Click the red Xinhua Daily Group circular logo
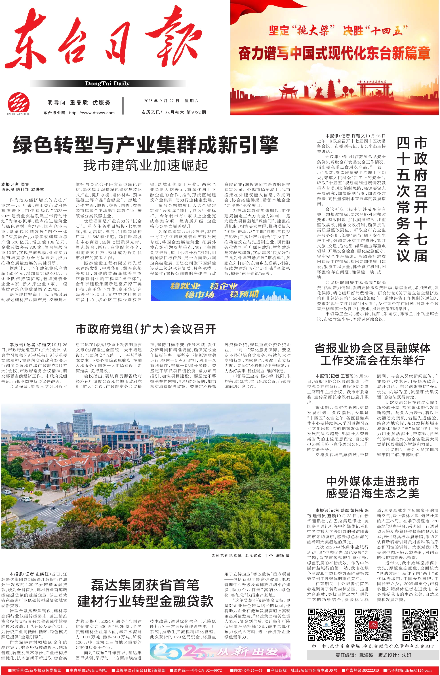[x=19, y=103]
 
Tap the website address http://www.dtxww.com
[x=92, y=113]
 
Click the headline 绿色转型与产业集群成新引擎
[x=146, y=145]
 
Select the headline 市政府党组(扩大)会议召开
[x=146, y=329]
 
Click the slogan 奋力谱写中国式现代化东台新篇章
[x=334, y=53]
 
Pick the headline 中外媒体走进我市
[x=373, y=481]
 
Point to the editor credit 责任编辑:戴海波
[x=354, y=655]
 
